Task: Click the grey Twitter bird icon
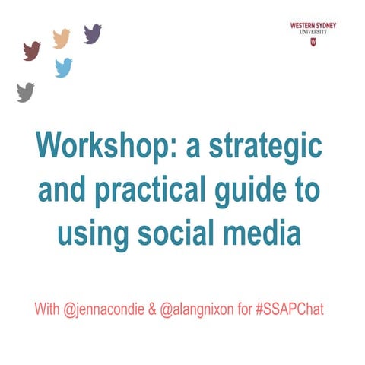pyautogui.click(x=26, y=92)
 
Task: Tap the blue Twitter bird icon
pyautogui.click(x=63, y=67)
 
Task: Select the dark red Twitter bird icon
pyautogui.click(x=31, y=50)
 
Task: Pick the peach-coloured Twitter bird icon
pyautogui.click(x=62, y=38)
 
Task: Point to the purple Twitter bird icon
pyautogui.click(x=93, y=33)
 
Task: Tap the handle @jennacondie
pyautogui.click(x=109, y=311)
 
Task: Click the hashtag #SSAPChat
pyautogui.click(x=299, y=311)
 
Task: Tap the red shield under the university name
pyautogui.click(x=313, y=43)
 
